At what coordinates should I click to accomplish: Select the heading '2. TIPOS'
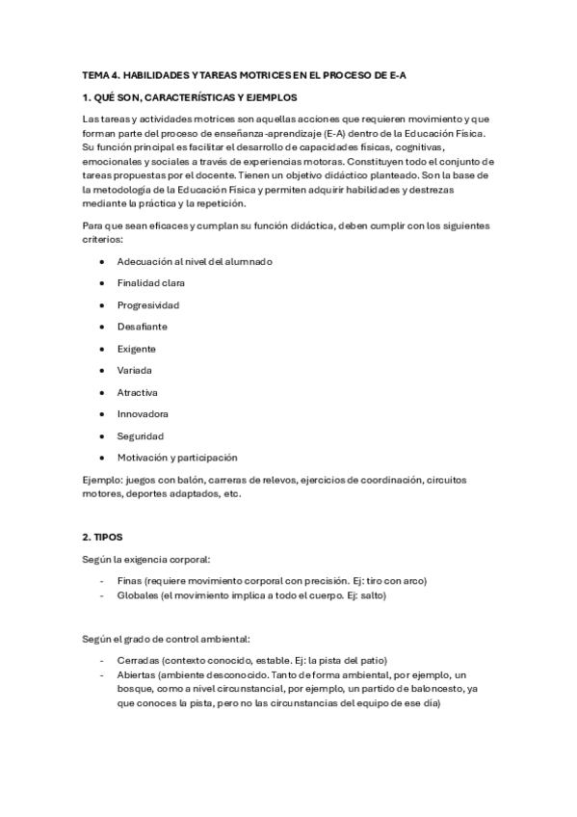click(103, 536)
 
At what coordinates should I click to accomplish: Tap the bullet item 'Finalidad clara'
click(150, 283)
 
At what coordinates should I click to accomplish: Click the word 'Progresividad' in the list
click(147, 305)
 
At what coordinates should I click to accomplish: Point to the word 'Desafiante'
click(142, 327)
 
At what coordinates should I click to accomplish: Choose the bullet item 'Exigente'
click(136, 349)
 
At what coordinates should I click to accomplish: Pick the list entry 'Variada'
click(134, 370)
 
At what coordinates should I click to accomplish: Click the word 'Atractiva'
click(138, 392)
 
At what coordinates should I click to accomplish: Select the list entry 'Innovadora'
click(143, 414)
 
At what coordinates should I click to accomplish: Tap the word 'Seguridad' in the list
click(141, 435)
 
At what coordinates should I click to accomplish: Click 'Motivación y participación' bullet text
click(176, 458)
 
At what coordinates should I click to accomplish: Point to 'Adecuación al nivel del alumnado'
click(195, 262)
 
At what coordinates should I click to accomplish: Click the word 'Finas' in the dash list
click(128, 581)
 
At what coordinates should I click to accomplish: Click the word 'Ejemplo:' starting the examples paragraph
click(103, 479)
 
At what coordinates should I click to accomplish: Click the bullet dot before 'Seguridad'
click(101, 435)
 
